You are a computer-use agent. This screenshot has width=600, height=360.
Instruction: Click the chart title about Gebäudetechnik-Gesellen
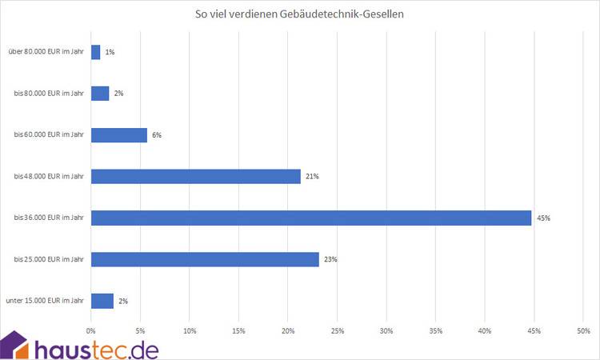click(300, 14)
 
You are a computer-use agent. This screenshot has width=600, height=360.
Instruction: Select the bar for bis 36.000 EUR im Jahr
click(311, 218)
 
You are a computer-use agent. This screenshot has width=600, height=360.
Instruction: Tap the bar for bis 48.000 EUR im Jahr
click(196, 176)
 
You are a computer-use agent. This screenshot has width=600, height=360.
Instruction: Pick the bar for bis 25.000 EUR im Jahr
click(205, 259)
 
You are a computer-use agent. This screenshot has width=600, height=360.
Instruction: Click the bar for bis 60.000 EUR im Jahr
click(119, 135)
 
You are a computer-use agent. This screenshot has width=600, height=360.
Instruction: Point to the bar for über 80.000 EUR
click(95, 52)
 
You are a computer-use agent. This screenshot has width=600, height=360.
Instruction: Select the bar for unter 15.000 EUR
click(102, 301)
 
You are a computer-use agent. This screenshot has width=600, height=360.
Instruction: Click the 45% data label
click(544, 218)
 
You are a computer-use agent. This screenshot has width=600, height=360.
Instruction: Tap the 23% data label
click(331, 259)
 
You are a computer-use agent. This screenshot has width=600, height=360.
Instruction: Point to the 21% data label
click(312, 176)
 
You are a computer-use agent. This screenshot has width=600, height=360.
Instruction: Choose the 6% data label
click(157, 135)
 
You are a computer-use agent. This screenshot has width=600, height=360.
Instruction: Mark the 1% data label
click(110, 52)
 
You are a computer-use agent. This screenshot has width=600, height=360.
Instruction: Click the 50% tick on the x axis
click(583, 330)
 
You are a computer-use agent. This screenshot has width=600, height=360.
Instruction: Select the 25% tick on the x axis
click(337, 330)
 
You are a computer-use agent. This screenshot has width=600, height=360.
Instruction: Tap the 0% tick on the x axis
click(91, 330)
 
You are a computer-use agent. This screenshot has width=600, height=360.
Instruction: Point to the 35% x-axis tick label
click(435, 330)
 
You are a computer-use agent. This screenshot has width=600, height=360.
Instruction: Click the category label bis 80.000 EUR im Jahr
click(50, 94)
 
